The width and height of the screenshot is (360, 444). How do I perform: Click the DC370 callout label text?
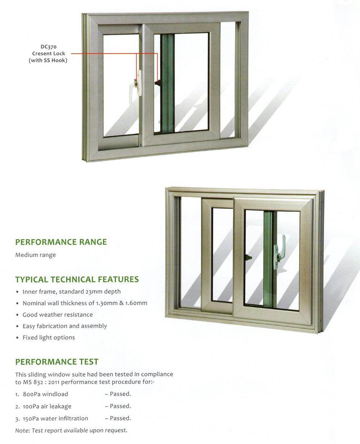(48, 47)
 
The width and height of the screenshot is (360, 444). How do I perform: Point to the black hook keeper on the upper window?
(158, 83)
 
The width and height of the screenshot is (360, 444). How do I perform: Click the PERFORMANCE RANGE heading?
(61, 242)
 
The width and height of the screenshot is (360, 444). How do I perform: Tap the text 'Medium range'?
(36, 255)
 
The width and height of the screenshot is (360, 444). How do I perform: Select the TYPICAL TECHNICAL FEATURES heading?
(77, 279)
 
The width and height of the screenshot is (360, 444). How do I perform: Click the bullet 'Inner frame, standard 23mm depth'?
(72, 292)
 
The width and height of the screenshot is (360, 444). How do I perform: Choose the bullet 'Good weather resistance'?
(58, 315)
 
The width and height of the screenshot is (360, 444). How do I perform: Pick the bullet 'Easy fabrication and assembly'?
(65, 326)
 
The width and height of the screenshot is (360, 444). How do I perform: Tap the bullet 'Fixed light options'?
(49, 337)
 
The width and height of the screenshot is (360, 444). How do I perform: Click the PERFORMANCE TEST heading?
(57, 362)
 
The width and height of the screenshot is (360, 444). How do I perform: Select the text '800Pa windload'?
(45, 394)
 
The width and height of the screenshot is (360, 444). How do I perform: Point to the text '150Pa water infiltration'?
(56, 419)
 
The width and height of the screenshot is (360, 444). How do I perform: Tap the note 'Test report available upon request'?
(79, 430)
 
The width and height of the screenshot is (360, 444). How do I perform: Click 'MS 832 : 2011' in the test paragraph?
(41, 382)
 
